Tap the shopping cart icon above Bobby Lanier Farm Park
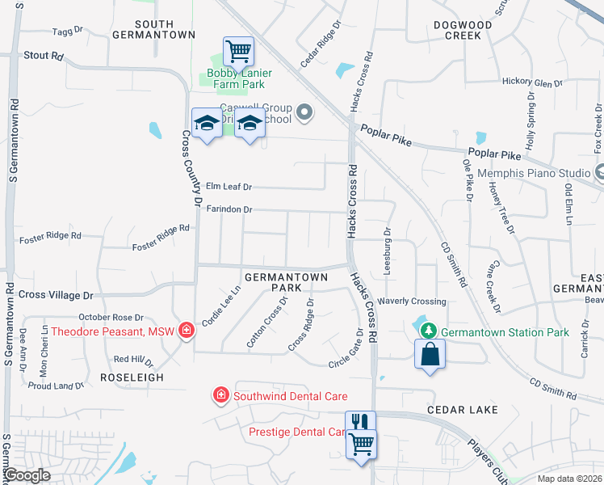[238, 52]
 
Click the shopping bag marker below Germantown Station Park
[430, 354]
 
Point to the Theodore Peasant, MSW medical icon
[187, 331]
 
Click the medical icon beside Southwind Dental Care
[220, 395]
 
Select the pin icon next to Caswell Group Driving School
[304, 112]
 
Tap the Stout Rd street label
[44, 57]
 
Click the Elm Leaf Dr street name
[229, 187]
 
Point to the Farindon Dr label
[230, 210]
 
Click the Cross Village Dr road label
[56, 296]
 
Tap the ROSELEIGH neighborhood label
[132, 377]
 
